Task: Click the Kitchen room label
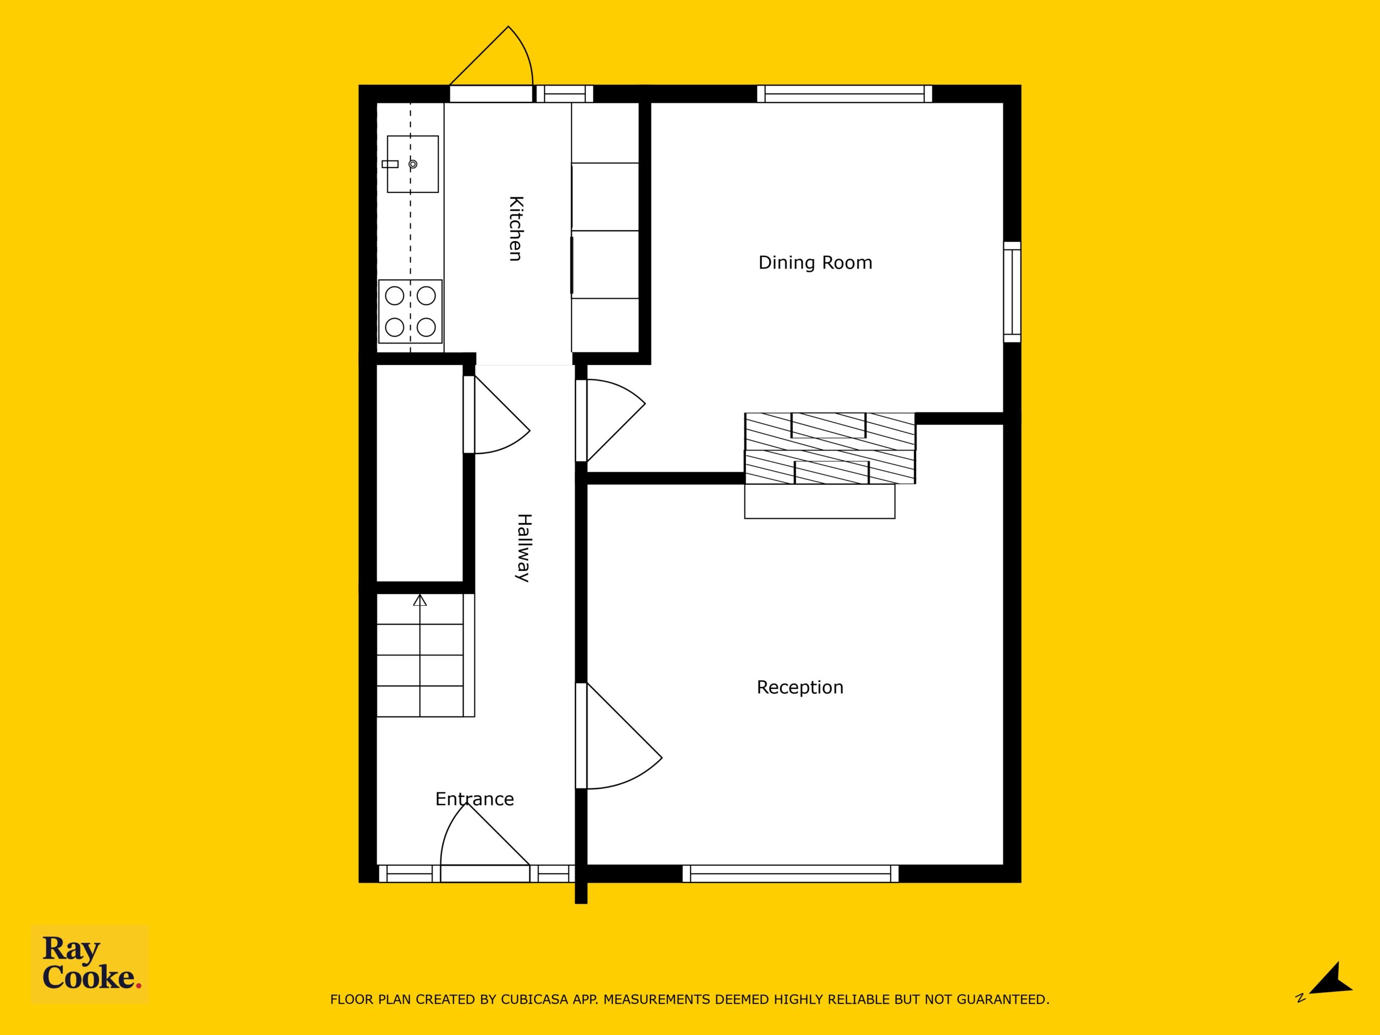pos(515,229)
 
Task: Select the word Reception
pos(800,687)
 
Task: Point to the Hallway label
pos(523,548)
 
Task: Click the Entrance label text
pos(474,799)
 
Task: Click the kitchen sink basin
pos(412,164)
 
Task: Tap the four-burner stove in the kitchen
pos(411,312)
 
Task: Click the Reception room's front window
pos(790,873)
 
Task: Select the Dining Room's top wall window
pos(845,94)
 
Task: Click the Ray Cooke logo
pos(91,964)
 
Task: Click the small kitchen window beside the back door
pos(564,94)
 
